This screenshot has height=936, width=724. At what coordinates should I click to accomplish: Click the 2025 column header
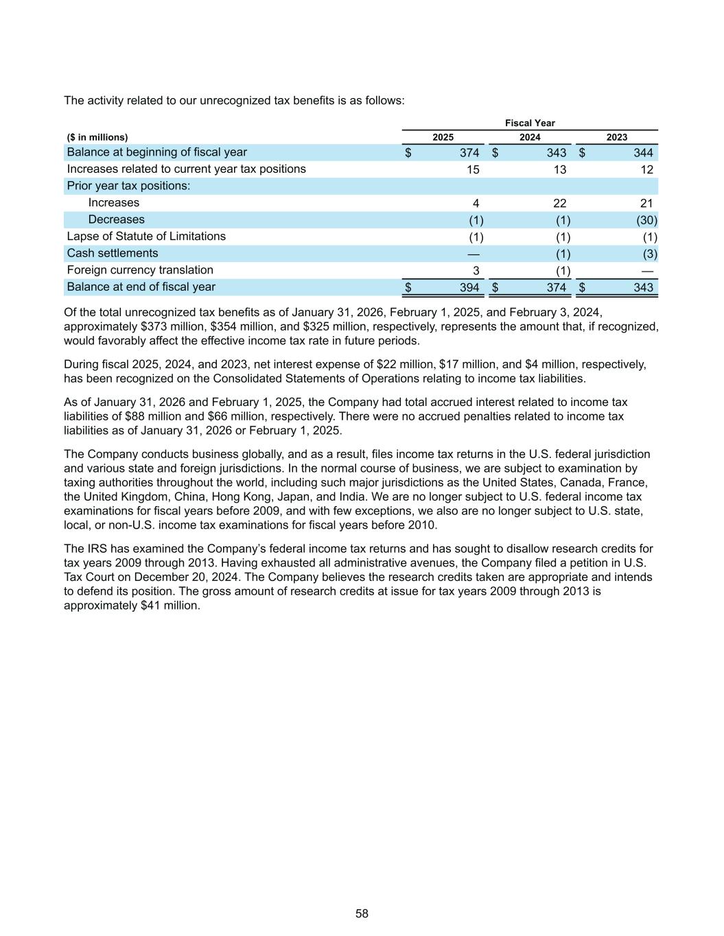(443, 137)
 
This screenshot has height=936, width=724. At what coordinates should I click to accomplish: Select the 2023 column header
(616, 137)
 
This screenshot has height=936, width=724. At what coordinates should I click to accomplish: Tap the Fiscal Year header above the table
(530, 123)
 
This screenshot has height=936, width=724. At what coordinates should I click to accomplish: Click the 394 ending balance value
(469, 287)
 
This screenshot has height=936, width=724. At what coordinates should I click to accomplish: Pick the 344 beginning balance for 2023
(643, 152)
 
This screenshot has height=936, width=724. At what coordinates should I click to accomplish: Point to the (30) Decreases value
(646, 220)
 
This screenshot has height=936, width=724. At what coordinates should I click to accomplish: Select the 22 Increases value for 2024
(559, 203)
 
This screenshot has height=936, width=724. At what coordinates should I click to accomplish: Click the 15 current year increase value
(473, 169)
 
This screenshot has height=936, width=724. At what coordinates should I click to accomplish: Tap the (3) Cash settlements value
(649, 254)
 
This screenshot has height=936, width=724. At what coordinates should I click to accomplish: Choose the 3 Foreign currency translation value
(476, 270)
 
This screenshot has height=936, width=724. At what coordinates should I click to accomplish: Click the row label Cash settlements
(112, 253)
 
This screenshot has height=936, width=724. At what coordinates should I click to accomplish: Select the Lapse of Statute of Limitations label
(146, 237)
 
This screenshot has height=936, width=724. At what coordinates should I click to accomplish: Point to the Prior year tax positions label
(128, 186)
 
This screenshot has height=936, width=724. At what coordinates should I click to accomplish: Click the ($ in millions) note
(97, 137)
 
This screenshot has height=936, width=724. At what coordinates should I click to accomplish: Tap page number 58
(362, 913)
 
